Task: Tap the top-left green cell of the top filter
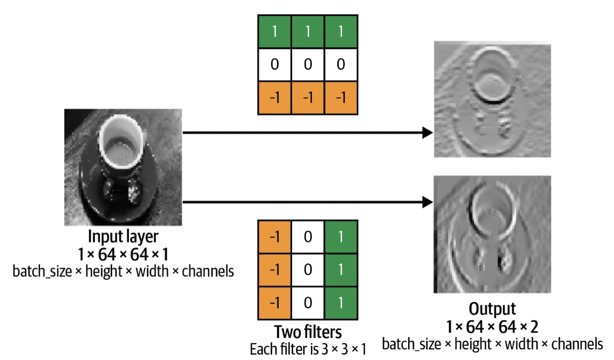[x=274, y=32]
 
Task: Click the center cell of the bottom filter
[x=307, y=270]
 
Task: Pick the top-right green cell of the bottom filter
[x=341, y=237]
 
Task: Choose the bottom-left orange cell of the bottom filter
[x=274, y=302]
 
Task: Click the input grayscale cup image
[x=123, y=167]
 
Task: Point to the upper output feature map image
[x=492, y=99]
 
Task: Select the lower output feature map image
[x=492, y=234]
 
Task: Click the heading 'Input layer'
[x=123, y=237]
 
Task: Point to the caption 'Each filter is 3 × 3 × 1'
[x=307, y=349]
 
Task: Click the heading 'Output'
[x=492, y=308]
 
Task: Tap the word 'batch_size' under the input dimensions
[x=36, y=271]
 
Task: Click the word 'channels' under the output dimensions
[x=579, y=344]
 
